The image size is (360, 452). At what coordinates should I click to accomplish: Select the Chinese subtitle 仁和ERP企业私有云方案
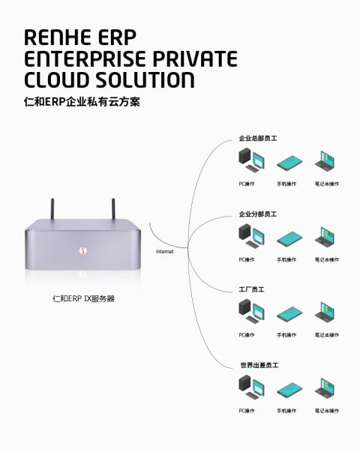[82, 102]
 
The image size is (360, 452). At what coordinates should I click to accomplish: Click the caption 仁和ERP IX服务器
[83, 298]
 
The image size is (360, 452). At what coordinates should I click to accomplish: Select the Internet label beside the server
[164, 252]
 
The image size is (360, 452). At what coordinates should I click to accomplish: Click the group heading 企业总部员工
[258, 138]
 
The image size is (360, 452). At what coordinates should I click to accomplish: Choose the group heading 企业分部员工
[258, 214]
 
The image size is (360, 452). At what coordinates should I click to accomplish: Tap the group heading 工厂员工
[251, 289]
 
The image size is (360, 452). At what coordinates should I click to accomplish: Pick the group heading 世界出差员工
[259, 364]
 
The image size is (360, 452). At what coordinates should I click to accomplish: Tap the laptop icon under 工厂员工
[325, 312]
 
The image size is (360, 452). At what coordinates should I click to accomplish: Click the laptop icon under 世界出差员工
[325, 388]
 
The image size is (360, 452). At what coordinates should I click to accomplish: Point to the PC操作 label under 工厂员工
[247, 335]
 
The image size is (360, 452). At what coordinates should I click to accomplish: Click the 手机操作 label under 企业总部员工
[286, 184]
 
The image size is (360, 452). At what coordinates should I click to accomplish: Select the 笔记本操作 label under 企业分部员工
[326, 259]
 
